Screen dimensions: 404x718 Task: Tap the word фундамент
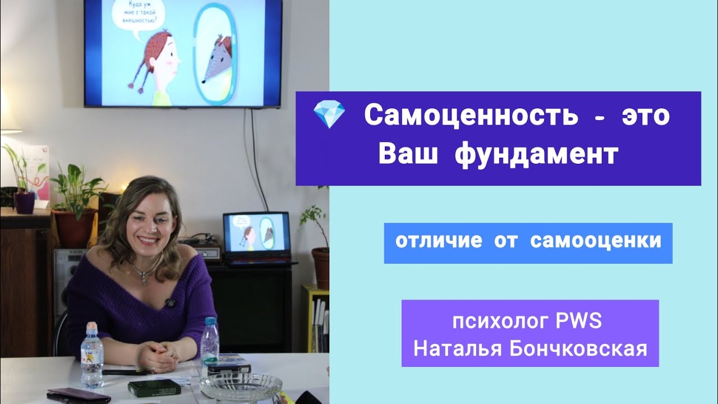coord(537,155)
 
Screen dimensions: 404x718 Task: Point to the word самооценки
coord(595,241)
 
